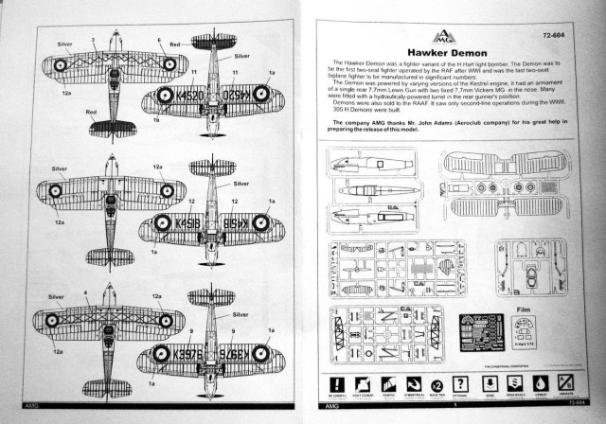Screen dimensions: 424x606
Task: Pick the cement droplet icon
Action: (544, 385)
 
